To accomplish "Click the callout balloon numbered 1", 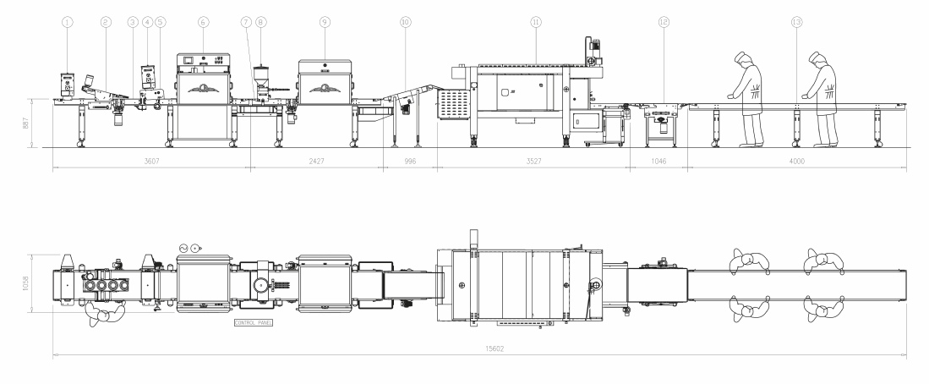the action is pyautogui.click(x=67, y=22).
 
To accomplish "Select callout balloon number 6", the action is pyautogui.click(x=203, y=22).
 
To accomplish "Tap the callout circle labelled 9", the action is pyautogui.click(x=325, y=22).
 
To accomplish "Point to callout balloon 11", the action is pyautogui.click(x=536, y=22).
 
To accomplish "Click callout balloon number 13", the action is pyautogui.click(x=797, y=22).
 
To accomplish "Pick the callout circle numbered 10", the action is pyautogui.click(x=405, y=22).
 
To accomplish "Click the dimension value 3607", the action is pyautogui.click(x=151, y=162).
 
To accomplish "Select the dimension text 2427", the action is pyautogui.click(x=317, y=162).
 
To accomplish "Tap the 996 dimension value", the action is pyautogui.click(x=410, y=162).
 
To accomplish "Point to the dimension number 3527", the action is pyautogui.click(x=534, y=162).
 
